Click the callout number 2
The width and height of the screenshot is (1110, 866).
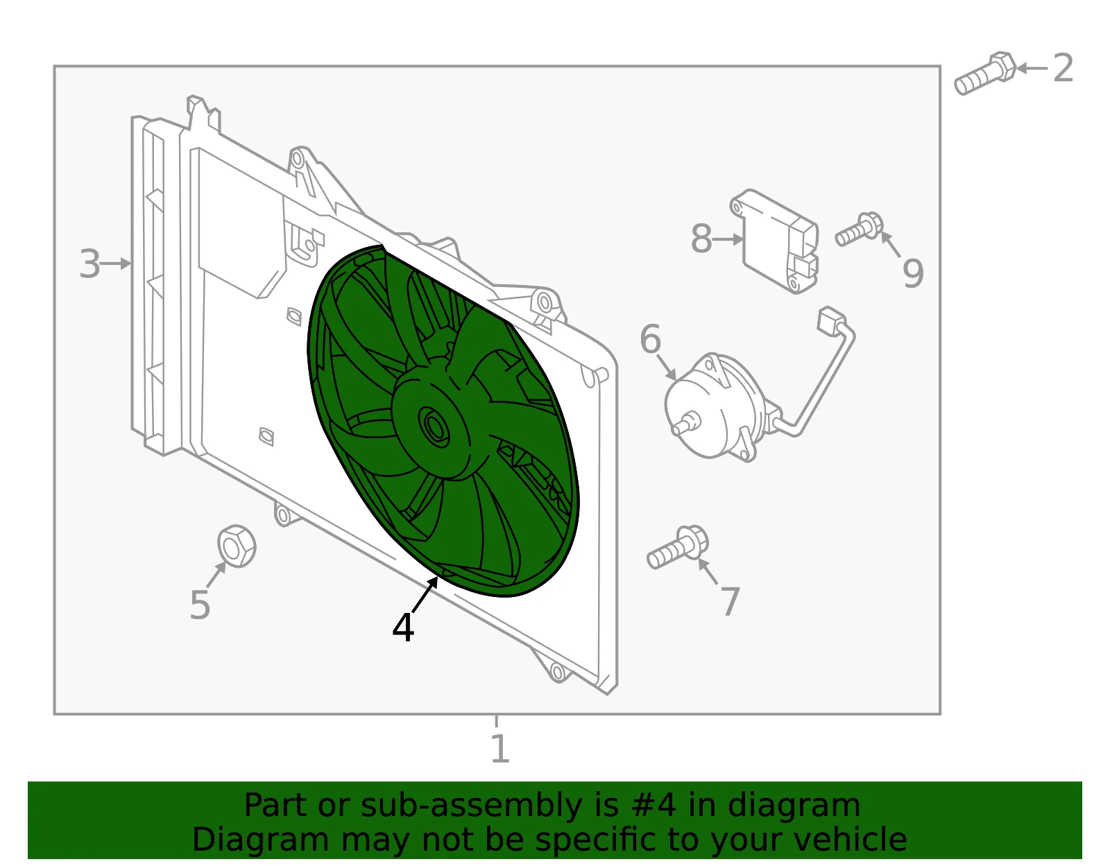click(x=1063, y=68)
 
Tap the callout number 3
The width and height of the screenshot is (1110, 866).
click(x=89, y=264)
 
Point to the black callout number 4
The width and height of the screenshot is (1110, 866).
click(x=403, y=627)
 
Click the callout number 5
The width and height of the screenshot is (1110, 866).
click(x=200, y=605)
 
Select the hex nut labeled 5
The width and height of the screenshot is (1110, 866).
click(x=237, y=546)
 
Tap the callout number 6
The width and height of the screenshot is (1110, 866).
click(x=650, y=339)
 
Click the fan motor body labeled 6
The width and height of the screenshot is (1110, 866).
click(x=715, y=406)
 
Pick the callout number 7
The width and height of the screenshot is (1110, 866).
click(x=730, y=602)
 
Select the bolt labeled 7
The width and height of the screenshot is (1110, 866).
click(x=677, y=548)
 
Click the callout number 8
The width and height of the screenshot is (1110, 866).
click(x=701, y=239)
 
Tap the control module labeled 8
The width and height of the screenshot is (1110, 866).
click(x=774, y=241)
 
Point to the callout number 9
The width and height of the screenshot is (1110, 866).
click(x=913, y=273)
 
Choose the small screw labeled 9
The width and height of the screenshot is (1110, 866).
click(x=859, y=229)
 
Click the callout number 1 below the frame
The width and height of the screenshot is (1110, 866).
click(x=500, y=749)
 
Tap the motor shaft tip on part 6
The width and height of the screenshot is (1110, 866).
click(x=678, y=428)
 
